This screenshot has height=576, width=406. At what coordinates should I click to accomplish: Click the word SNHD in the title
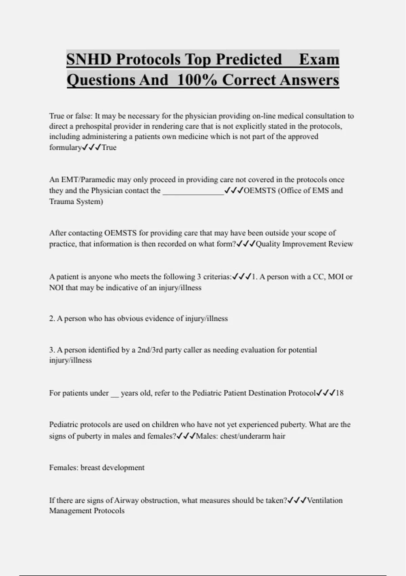89,60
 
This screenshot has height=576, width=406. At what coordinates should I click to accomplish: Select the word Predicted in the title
249,60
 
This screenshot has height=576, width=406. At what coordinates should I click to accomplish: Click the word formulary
65,148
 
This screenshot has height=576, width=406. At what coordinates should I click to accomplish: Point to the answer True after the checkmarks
109,147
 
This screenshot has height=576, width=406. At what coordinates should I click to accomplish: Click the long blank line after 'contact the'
193,191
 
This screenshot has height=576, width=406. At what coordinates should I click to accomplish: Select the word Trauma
61,202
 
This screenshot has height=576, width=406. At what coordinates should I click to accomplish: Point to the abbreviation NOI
56,288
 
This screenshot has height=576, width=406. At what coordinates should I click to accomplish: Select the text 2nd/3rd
150,350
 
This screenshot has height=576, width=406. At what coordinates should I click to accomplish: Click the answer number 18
339,393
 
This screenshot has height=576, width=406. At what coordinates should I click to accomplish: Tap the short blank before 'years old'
115,394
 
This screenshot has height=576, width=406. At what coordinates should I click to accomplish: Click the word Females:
64,468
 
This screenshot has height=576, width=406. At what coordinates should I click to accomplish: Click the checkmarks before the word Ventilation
297,500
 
